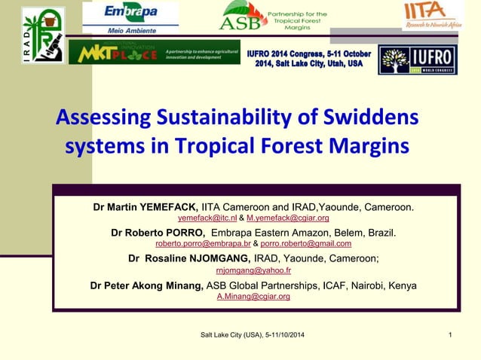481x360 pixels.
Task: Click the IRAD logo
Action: (x=42, y=35)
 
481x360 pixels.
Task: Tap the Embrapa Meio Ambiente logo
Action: (x=130, y=17)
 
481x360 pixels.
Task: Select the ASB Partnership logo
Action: (x=273, y=16)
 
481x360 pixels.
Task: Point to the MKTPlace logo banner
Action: (x=154, y=53)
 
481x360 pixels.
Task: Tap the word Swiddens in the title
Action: (x=366, y=118)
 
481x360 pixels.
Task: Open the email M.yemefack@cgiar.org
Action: (x=287, y=218)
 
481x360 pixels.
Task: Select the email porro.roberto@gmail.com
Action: (x=305, y=244)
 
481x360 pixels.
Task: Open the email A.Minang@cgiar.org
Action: (x=253, y=297)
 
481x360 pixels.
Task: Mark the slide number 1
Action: (x=449, y=334)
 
